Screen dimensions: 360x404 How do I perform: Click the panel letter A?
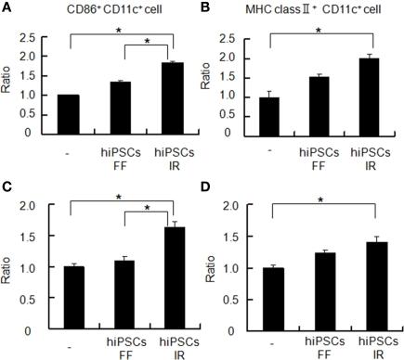pyautogui.click(x=7, y=8)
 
